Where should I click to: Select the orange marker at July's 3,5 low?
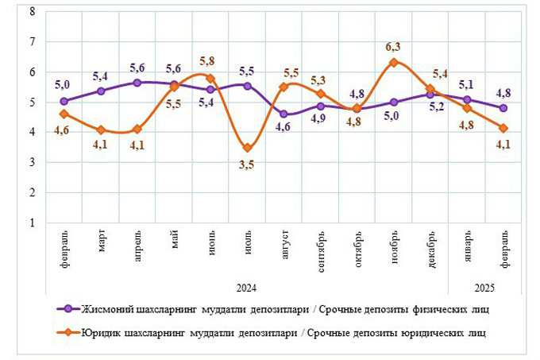click(248, 148)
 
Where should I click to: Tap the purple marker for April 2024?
click(137, 82)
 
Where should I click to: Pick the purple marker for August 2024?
click(284, 114)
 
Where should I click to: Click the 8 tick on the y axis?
click(32, 11)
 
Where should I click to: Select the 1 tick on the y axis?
click(32, 223)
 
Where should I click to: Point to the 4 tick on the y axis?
click(32, 133)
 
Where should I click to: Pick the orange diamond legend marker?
click(69, 333)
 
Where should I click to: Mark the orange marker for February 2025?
click(503, 128)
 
